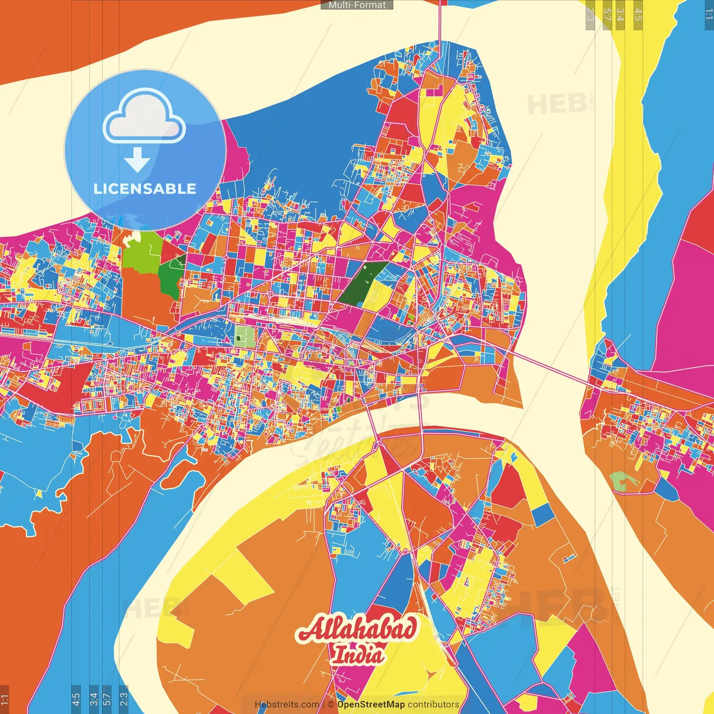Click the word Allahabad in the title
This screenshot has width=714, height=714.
click(357, 629)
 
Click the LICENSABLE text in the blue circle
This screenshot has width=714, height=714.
click(145, 189)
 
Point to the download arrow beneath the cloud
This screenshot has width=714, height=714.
click(137, 160)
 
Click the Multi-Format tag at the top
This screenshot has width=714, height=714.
click(357, 5)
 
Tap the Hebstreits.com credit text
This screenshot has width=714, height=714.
click(287, 705)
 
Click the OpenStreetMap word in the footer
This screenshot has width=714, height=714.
click(370, 705)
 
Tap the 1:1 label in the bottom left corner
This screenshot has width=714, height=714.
click(4, 698)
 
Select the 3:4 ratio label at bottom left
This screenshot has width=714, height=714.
click(94, 698)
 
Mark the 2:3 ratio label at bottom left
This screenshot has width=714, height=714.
click(123, 698)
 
